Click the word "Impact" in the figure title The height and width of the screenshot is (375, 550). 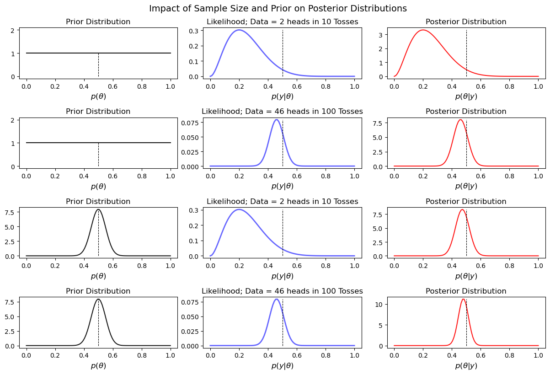pos(163,8)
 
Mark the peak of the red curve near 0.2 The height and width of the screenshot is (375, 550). pos(423,30)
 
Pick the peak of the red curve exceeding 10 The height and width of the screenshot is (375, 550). pos(463,299)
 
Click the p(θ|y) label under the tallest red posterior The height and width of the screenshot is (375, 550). pos(466,365)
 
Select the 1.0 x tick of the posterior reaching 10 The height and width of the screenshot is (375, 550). pos(538,355)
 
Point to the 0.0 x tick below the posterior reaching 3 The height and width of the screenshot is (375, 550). pos(394,86)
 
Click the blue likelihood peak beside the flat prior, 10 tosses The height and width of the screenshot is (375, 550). pos(239,30)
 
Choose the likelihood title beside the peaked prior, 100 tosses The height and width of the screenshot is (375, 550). pos(282,291)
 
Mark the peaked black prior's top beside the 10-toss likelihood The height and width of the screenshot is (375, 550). pos(98,209)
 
